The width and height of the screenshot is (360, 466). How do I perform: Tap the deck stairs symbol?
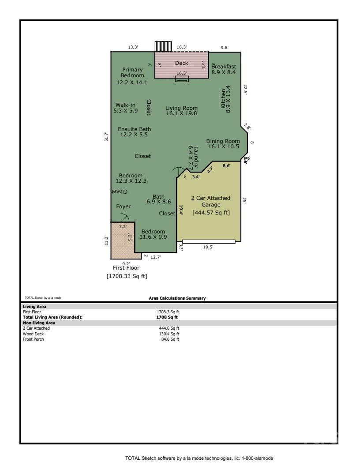[163, 46]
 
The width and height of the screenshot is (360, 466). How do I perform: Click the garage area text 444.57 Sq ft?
[211, 213]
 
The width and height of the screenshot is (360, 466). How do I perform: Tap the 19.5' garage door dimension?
[208, 248]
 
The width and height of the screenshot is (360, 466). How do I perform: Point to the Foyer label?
[124, 207]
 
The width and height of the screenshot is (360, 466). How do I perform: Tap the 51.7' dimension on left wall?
[105, 137]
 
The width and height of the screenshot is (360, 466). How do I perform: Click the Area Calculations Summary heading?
[177, 298]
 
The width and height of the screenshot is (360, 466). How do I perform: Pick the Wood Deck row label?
[34, 334]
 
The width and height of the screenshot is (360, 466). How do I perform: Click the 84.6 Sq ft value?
[170, 339]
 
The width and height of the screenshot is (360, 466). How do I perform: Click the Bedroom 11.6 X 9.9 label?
[153, 234]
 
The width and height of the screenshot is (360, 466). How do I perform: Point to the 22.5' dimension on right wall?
[245, 90]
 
